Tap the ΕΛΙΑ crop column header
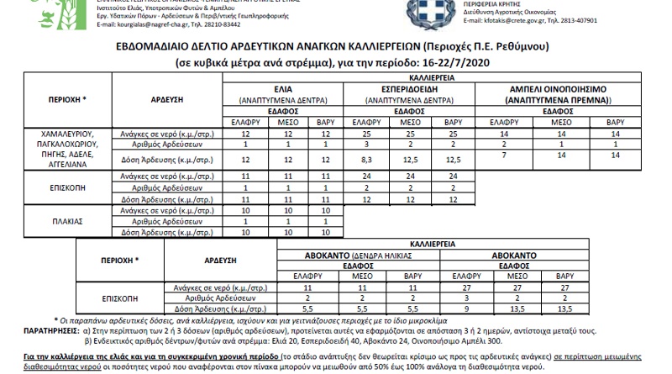[x=282, y=87]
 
